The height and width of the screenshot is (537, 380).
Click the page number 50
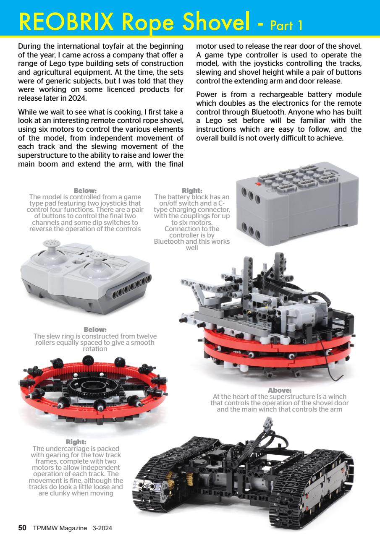pyautogui.click(x=22, y=527)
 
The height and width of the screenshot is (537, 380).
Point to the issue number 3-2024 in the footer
pyautogui.click(x=102, y=528)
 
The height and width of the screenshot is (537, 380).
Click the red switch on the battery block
pyautogui.click(x=257, y=184)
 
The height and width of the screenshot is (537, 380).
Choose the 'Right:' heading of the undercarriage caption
pyautogui.click(x=76, y=442)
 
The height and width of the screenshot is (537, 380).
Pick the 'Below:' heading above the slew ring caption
pyautogui.click(x=94, y=329)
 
